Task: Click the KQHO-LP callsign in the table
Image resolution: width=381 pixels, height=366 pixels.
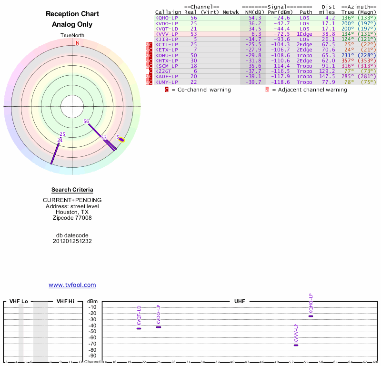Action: pos(166,18)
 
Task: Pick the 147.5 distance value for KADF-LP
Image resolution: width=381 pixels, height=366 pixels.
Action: pos(327,76)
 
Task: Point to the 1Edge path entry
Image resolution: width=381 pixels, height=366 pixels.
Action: pos(305,34)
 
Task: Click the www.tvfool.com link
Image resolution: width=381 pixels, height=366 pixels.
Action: pos(72,285)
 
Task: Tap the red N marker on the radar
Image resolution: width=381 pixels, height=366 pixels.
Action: pos(77,43)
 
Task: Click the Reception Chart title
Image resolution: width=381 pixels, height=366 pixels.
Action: pos(72,14)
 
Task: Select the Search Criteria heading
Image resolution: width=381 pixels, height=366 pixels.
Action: pos(72,190)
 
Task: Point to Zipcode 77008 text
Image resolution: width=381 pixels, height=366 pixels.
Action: pos(72,218)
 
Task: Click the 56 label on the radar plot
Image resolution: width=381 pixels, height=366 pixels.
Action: pos(86,122)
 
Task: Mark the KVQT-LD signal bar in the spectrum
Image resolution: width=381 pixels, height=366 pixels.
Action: pos(139,328)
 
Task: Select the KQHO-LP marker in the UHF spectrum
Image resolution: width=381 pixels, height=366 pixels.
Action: pos(311,316)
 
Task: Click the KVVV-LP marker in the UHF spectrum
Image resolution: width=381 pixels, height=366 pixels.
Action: pos(296,345)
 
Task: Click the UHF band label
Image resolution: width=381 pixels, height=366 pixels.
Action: pos(240,302)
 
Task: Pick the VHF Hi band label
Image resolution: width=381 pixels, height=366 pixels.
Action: pos(65,302)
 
